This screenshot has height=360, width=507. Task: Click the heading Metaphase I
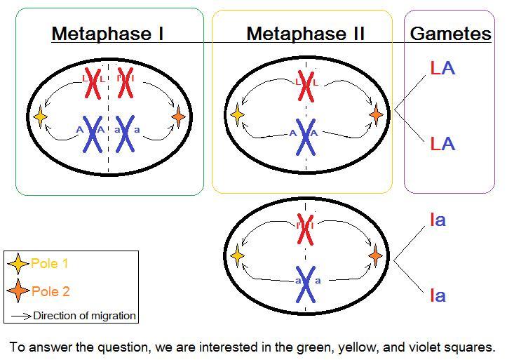coord(107,33)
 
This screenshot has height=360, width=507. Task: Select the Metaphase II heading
coord(305,33)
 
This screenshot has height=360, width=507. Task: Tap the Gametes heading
coord(450,33)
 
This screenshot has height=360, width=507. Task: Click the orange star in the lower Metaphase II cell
coord(376,255)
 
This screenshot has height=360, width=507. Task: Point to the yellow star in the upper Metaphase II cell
coord(237,114)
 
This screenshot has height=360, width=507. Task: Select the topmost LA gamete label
coord(442,67)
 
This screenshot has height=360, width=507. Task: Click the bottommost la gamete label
coord(438,295)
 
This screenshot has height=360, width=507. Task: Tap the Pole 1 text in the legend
coord(50,264)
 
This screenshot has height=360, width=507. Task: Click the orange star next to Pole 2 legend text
coord(18,291)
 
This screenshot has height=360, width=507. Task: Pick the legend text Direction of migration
coord(84,316)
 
